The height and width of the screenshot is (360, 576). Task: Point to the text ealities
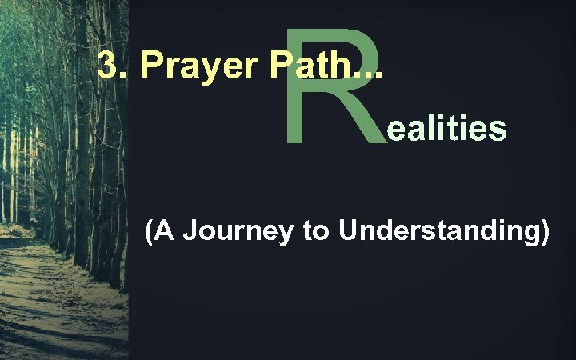446,128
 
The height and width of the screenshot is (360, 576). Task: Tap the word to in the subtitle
317,233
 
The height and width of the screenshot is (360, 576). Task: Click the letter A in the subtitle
164,232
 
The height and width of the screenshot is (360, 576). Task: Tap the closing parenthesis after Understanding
544,233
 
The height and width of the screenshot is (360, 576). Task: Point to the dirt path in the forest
48,304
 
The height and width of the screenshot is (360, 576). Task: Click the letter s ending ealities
498,130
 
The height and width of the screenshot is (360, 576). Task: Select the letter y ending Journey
289,236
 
